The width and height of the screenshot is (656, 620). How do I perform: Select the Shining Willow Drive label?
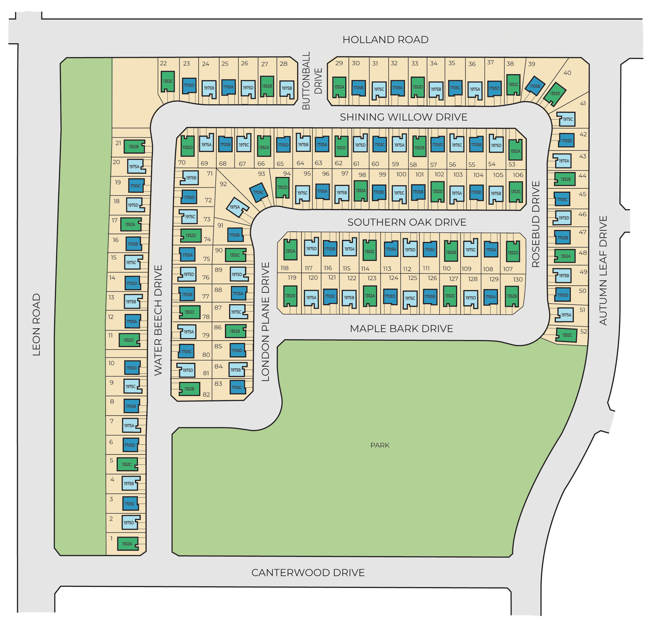click(404, 117)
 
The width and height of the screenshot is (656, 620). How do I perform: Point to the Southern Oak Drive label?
click(406, 222)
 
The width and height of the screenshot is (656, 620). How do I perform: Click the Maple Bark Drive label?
click(401, 329)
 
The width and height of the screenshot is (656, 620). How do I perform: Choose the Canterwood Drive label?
click(308, 573)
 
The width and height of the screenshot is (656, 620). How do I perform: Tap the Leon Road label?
click(36, 325)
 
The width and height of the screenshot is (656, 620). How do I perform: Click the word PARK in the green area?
click(380, 445)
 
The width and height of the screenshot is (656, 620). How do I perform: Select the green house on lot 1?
click(128, 544)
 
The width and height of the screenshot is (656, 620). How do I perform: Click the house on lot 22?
click(168, 81)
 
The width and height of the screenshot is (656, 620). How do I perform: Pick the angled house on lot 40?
click(555, 94)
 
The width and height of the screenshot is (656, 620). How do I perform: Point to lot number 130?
click(518, 279)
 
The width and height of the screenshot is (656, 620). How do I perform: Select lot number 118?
click(285, 268)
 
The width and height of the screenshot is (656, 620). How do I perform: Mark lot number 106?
click(518, 175)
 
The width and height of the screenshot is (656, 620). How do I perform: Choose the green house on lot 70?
click(187, 147)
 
